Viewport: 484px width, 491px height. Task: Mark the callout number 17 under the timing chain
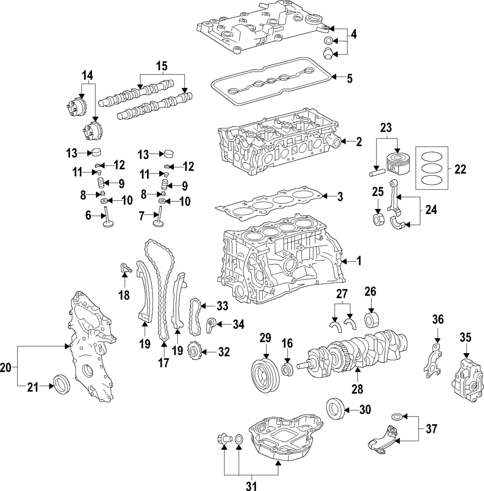click(164, 362)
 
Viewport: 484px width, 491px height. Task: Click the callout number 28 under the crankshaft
click(357, 388)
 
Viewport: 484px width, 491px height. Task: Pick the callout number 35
click(466, 337)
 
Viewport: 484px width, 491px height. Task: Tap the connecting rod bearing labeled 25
click(377, 219)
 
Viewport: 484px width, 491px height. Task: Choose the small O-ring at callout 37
click(395, 416)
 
